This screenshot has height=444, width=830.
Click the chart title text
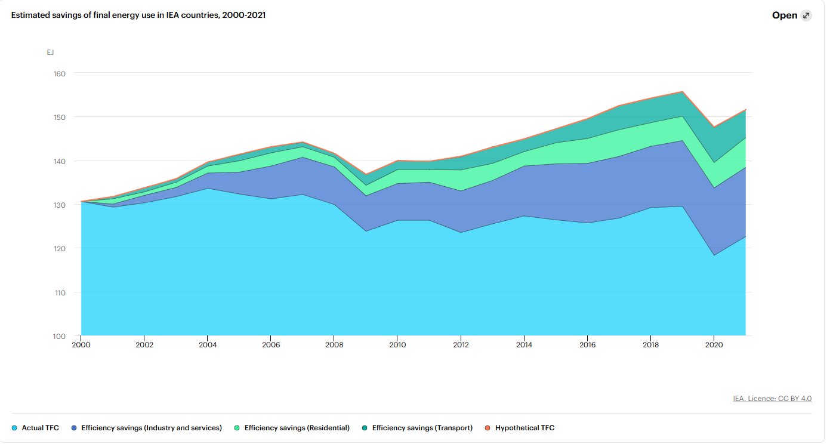point(138,15)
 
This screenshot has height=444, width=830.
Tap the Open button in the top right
point(791,15)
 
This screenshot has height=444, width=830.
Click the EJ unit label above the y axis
point(50,53)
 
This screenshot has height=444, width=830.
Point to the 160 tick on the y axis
point(59,74)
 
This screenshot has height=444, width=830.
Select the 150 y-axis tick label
point(59,118)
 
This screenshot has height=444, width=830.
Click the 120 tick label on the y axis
point(59,249)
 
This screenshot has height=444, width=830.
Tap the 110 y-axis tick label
point(60,293)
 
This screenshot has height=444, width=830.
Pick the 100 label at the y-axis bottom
point(59,337)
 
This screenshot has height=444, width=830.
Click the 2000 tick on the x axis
point(81,345)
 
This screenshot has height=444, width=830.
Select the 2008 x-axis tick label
point(334,345)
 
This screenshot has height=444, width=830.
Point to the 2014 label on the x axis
point(524,345)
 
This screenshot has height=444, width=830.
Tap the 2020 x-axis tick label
point(714,345)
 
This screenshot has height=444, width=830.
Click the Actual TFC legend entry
point(35,428)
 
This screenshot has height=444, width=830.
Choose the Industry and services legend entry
point(147,428)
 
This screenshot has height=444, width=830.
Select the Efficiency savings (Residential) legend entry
point(292,428)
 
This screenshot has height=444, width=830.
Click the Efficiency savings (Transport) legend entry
point(417,428)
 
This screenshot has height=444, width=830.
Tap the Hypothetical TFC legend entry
point(520,428)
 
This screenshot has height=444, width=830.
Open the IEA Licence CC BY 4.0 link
point(772,399)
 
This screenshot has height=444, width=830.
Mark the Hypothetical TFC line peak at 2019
point(683,91)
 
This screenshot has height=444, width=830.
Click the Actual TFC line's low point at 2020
point(714,255)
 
